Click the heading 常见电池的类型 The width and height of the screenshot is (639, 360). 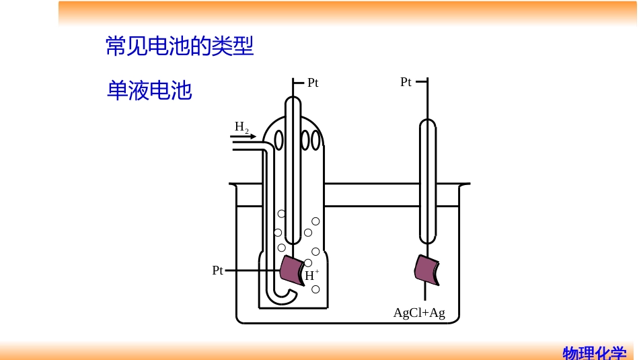[180, 46]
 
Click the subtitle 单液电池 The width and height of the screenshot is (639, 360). [149, 90]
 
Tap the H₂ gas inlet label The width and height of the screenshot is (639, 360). [241, 127]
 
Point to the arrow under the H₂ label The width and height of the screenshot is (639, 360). [243, 136]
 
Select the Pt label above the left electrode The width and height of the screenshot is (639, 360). [313, 83]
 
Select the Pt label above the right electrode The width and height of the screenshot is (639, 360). [406, 82]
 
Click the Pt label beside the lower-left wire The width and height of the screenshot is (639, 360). [217, 271]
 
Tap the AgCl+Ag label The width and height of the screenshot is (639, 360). [419, 313]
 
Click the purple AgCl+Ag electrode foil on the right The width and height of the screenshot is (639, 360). [427, 269]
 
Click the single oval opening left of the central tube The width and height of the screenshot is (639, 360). [278, 140]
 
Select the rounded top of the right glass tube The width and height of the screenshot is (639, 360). [427, 123]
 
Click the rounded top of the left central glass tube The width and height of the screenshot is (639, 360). [293, 101]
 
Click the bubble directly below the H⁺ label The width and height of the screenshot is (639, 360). [315, 289]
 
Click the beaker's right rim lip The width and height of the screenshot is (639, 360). [464, 184]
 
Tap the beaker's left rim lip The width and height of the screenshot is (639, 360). [235, 184]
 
